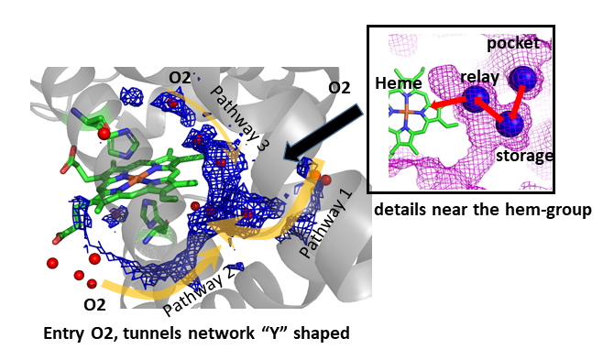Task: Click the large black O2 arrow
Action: [323, 132]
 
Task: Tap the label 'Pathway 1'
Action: [325, 224]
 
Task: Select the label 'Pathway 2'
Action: [199, 292]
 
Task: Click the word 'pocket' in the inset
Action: [513, 43]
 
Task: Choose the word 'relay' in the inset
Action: [479, 77]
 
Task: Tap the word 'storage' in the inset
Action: [525, 156]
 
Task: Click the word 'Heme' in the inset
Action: [399, 83]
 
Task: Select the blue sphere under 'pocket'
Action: [522, 79]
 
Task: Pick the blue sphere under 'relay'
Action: [477, 99]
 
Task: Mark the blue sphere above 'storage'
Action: [510, 124]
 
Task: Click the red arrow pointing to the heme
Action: [448, 103]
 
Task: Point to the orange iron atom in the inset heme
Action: [408, 112]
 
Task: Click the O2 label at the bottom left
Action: [94, 304]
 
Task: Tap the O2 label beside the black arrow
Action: [339, 88]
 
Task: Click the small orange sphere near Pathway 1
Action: [315, 175]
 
